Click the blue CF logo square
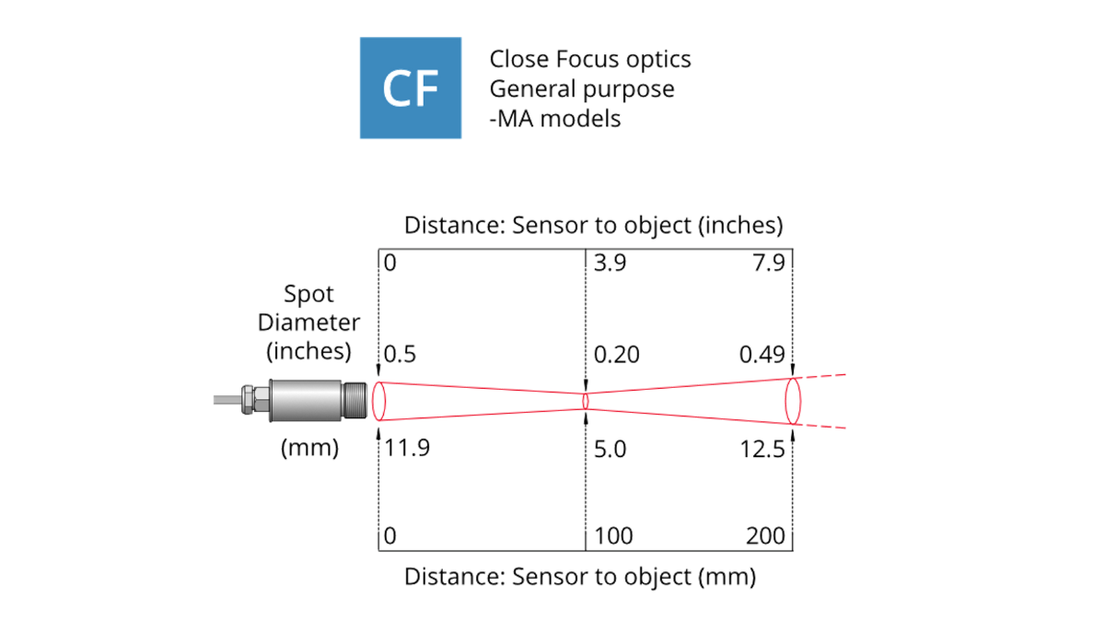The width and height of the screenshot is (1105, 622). tap(411, 88)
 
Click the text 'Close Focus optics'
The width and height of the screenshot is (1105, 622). tap(590, 59)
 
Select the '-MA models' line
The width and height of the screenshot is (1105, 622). tap(555, 119)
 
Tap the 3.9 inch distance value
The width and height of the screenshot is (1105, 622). tap(610, 263)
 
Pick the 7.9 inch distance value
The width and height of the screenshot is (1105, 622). tap(769, 263)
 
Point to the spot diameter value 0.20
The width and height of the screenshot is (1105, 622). tap(616, 355)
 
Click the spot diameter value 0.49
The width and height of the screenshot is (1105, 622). tap(762, 355)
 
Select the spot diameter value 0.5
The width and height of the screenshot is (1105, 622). tap(400, 355)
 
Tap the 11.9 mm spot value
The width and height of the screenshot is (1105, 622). tap(406, 448)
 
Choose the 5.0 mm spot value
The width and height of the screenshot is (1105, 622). tap(610, 450)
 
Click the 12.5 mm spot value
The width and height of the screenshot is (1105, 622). tap(762, 450)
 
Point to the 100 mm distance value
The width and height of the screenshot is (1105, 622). tap(613, 535)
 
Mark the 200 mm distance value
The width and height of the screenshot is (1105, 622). tap(765, 535)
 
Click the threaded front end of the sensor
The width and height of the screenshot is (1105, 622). tap(355, 400)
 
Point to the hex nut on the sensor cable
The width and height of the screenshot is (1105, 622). tap(248, 400)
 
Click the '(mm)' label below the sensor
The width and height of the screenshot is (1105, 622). tap(309, 448)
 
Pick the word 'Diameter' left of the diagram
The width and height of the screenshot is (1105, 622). tap(308, 323)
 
